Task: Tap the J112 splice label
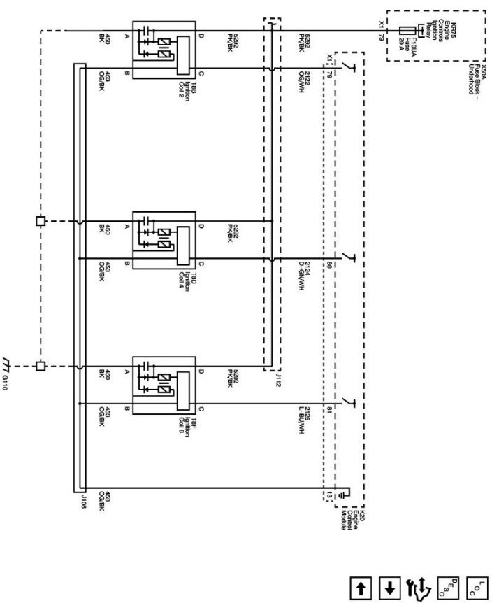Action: tap(278, 379)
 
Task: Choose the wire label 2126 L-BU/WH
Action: tap(302, 419)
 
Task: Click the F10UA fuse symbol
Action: tap(407, 31)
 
